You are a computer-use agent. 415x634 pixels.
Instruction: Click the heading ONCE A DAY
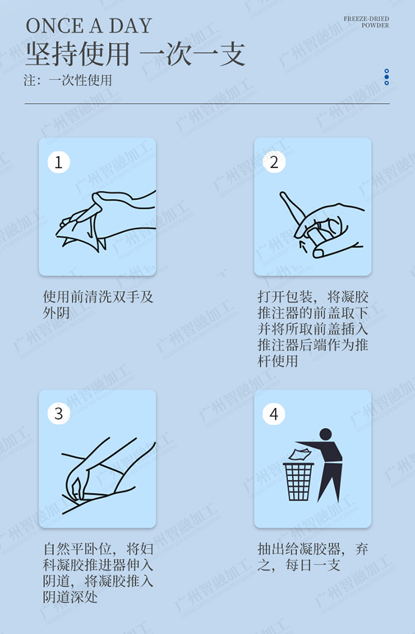click(89, 26)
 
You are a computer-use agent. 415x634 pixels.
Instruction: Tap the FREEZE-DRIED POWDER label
click(366, 22)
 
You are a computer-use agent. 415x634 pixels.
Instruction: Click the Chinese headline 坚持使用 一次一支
click(135, 55)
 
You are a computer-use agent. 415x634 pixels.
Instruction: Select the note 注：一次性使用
click(68, 80)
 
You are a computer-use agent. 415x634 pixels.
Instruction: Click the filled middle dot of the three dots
click(387, 77)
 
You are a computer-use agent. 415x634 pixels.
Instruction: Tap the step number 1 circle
click(58, 162)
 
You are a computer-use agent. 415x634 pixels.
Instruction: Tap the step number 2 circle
click(274, 162)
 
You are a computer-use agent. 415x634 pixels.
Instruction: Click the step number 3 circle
click(58, 413)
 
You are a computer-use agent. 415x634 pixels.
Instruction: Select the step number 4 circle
click(274, 413)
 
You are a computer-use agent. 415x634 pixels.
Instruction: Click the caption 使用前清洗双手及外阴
click(98, 304)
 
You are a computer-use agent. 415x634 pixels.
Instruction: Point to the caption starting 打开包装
click(313, 328)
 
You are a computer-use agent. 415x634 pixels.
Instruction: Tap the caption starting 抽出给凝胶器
click(313, 556)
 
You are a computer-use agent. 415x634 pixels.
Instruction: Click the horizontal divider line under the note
click(207, 104)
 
